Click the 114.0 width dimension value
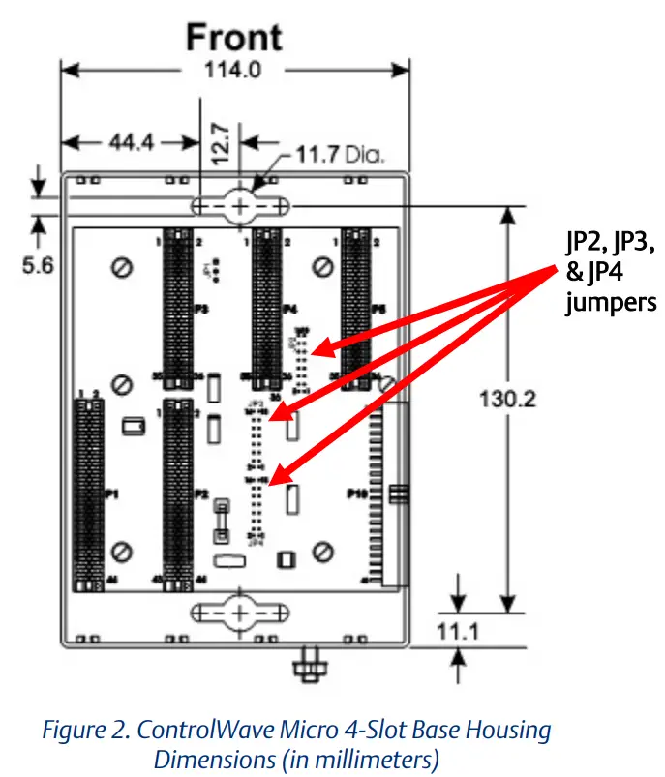coord(234,70)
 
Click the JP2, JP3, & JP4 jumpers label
coord(611,272)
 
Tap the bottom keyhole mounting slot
coord(239,612)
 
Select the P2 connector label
coord(200,494)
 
